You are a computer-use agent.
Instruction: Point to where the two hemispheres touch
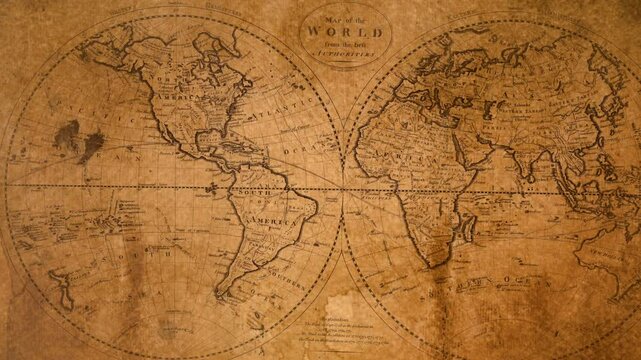point(343,191)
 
